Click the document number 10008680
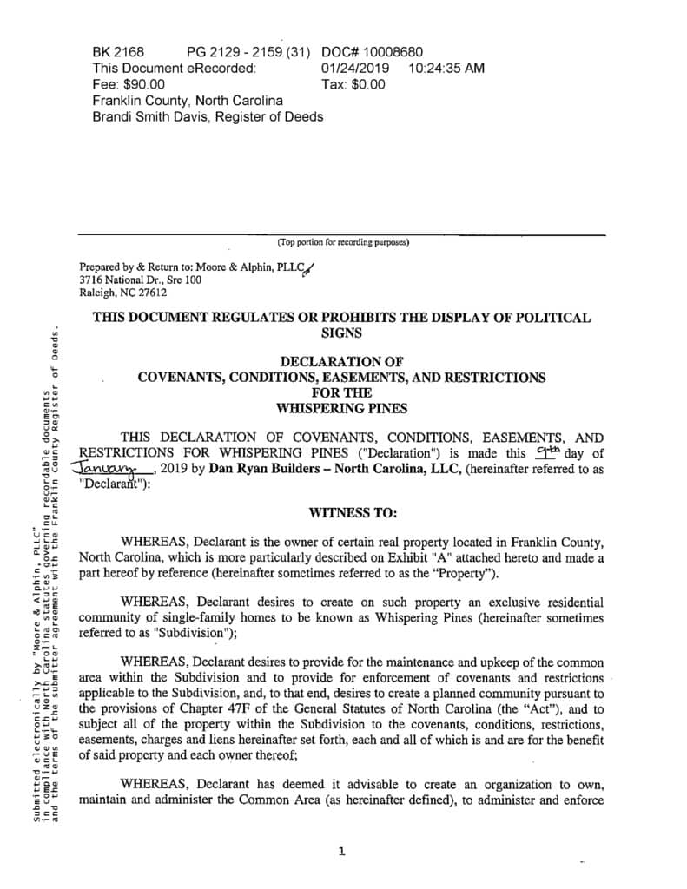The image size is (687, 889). (x=390, y=52)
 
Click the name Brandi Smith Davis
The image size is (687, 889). (x=151, y=117)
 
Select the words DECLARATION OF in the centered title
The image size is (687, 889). (x=342, y=361)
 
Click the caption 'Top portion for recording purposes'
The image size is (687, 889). (x=342, y=242)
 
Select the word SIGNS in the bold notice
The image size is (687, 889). (x=342, y=333)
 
